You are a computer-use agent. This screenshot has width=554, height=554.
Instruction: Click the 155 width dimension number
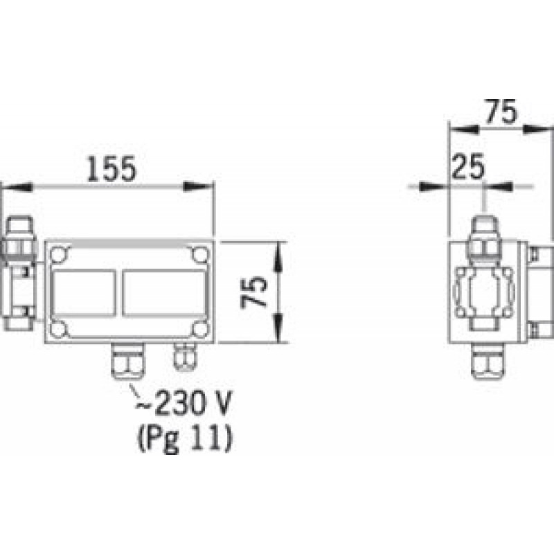pyautogui.click(x=111, y=169)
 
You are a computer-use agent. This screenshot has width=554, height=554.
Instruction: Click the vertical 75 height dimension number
pyautogui.click(x=253, y=292)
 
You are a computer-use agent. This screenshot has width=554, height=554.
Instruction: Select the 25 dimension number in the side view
pyautogui.click(x=468, y=166)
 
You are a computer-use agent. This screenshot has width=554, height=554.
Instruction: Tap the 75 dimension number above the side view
pyautogui.click(x=501, y=112)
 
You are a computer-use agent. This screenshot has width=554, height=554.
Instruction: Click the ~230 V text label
pyautogui.click(x=184, y=403)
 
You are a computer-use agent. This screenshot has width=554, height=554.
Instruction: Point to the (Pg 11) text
pyautogui.click(x=185, y=438)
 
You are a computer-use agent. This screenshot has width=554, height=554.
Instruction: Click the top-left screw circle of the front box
pyautogui.click(x=58, y=254)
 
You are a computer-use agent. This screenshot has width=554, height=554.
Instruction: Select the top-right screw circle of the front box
pyautogui.click(x=200, y=254)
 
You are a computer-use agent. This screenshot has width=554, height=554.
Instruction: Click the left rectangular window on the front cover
pyautogui.click(x=84, y=292)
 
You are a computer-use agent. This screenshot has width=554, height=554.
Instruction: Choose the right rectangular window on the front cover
pyautogui.click(x=165, y=292)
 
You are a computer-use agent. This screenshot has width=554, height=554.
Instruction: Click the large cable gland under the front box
pyautogui.click(x=128, y=361)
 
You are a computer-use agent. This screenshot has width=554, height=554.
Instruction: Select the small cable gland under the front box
pyautogui.click(x=185, y=357)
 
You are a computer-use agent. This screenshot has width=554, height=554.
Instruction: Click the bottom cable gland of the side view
pyautogui.click(x=488, y=361)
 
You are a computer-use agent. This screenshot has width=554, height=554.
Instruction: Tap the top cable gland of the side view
pyautogui.click(x=485, y=238)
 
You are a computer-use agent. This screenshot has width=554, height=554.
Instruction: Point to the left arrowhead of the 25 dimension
pyautogui.click(x=434, y=186)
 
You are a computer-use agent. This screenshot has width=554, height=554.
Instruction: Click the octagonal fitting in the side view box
pyautogui.click(x=484, y=292)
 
